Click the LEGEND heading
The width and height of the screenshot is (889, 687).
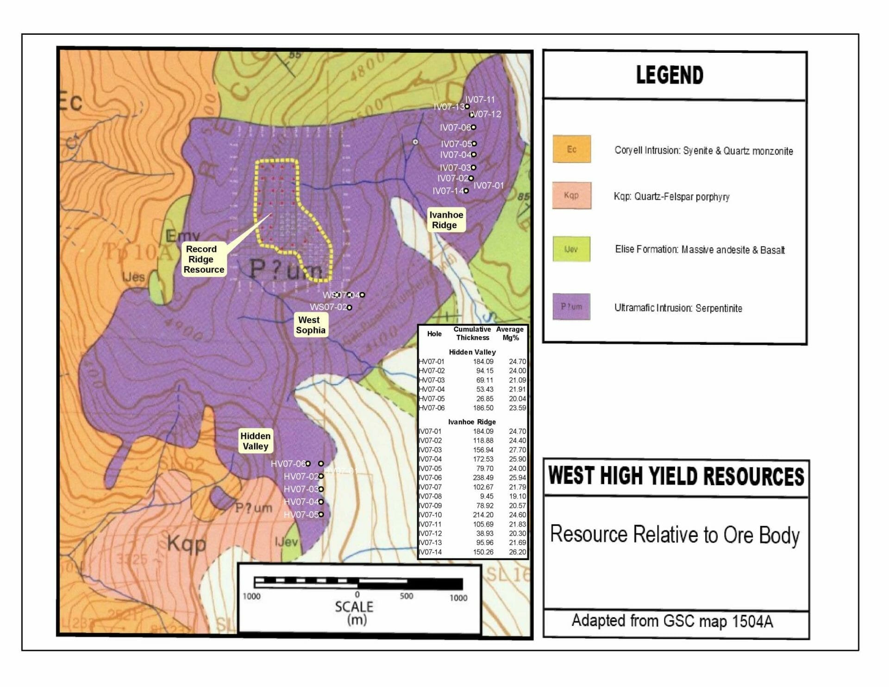[670, 75]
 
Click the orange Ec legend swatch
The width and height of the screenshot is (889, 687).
[572, 149]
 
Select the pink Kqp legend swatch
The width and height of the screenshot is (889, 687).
[571, 195]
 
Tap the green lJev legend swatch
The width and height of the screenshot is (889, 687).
[571, 250]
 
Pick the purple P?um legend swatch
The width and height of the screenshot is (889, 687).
[571, 306]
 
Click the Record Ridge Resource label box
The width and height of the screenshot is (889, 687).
[204, 259]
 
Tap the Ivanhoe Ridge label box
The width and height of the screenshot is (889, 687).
[446, 220]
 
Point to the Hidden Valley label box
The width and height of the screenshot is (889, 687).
[255, 441]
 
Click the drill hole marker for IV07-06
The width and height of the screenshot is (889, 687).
[473, 127]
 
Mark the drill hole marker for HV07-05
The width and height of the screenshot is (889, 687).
[321, 514]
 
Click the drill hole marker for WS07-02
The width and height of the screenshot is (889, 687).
[350, 307]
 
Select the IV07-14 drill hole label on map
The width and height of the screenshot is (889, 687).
[447, 191]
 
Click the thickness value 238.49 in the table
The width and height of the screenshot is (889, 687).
[483, 478]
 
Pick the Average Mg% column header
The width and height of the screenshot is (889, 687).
[510, 333]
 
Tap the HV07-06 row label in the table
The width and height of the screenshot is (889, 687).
[432, 408]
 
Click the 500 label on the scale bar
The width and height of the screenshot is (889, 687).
[407, 596]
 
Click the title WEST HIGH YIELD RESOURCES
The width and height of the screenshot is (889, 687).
[676, 477]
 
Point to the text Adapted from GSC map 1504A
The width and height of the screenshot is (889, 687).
[672, 621]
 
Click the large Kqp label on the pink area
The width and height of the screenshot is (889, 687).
[186, 543]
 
